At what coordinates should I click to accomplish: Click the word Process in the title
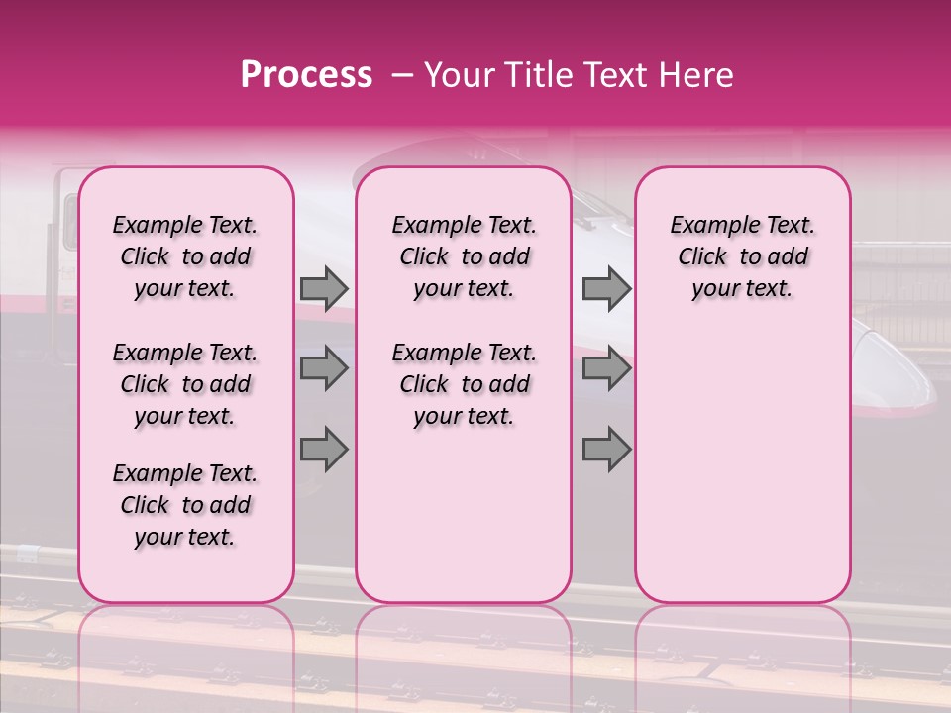click(305, 75)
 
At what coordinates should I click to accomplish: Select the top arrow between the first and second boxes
click(324, 288)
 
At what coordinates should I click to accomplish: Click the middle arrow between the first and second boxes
click(324, 369)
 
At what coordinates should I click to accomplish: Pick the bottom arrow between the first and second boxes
click(324, 449)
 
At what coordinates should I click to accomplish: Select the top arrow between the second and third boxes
click(606, 288)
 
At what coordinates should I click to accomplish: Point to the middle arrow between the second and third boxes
click(606, 369)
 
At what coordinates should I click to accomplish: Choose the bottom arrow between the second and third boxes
click(606, 449)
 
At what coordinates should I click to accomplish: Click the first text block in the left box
click(185, 256)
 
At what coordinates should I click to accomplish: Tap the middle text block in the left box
click(185, 384)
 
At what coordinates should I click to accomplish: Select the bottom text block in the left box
click(185, 505)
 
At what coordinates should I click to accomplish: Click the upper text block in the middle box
click(464, 256)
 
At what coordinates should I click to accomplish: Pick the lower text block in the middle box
click(464, 384)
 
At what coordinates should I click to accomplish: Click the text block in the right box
click(743, 256)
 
